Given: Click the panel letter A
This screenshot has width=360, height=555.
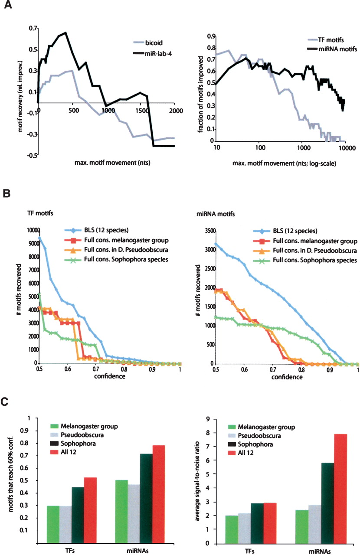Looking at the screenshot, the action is (8, 4).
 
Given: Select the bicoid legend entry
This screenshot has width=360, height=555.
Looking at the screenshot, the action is (148, 42).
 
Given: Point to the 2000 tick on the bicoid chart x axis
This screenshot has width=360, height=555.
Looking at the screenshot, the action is (176, 111).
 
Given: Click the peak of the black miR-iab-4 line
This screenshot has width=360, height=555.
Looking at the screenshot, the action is (65, 33).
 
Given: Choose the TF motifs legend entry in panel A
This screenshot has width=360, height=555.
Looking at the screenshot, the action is (325, 40).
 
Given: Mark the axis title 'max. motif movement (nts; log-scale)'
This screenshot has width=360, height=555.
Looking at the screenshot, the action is (284, 163).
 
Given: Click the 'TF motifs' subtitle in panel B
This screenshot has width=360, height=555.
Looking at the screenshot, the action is (40, 213).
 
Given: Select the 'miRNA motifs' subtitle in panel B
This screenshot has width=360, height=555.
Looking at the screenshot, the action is (216, 214).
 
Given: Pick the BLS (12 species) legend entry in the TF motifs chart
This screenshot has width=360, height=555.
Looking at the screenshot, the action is (97, 230).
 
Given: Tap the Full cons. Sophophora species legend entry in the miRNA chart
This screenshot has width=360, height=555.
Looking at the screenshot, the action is (305, 260).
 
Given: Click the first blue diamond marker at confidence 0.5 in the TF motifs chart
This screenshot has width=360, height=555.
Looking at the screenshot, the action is (39, 238).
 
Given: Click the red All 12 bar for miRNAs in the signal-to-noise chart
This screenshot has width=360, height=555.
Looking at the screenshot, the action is (340, 489).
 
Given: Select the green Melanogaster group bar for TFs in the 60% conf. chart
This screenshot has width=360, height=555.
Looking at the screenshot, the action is (53, 525).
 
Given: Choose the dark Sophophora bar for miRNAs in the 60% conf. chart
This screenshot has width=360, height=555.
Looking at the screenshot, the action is (146, 499).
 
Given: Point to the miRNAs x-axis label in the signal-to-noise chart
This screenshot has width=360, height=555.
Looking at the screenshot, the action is (320, 551).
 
